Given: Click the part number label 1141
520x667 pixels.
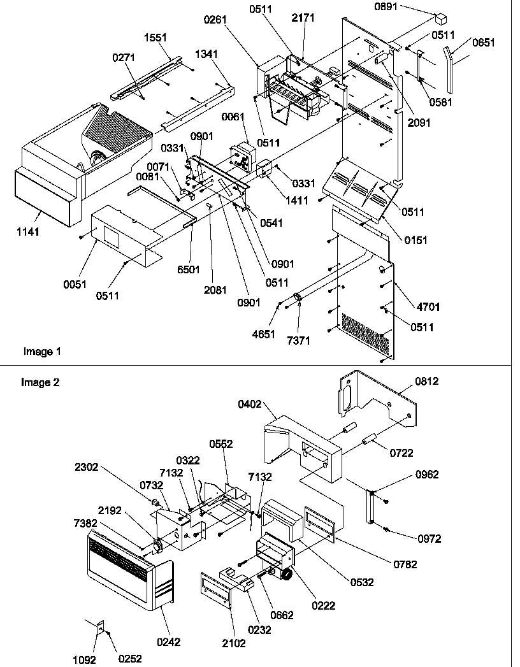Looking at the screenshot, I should point(27,232).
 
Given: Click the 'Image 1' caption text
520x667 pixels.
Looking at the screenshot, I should point(42,351).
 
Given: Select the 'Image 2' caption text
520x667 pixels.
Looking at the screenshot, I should point(40,382).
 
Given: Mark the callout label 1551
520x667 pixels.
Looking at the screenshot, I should point(155,39).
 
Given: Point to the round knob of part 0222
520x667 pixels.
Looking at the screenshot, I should point(287,574).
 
